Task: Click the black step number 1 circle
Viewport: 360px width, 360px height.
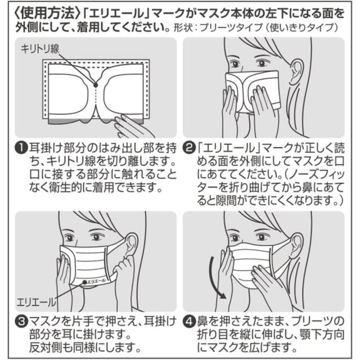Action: click(x=21, y=148)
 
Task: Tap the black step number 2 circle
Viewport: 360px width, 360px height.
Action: click(x=190, y=148)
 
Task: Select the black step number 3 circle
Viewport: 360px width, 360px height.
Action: click(x=21, y=321)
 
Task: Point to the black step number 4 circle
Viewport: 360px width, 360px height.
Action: click(x=190, y=321)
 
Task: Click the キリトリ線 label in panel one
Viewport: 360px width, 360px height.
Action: click(x=40, y=49)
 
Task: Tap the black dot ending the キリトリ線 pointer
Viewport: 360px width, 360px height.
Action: click(x=96, y=85)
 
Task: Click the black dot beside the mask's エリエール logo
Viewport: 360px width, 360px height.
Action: click(x=85, y=282)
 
